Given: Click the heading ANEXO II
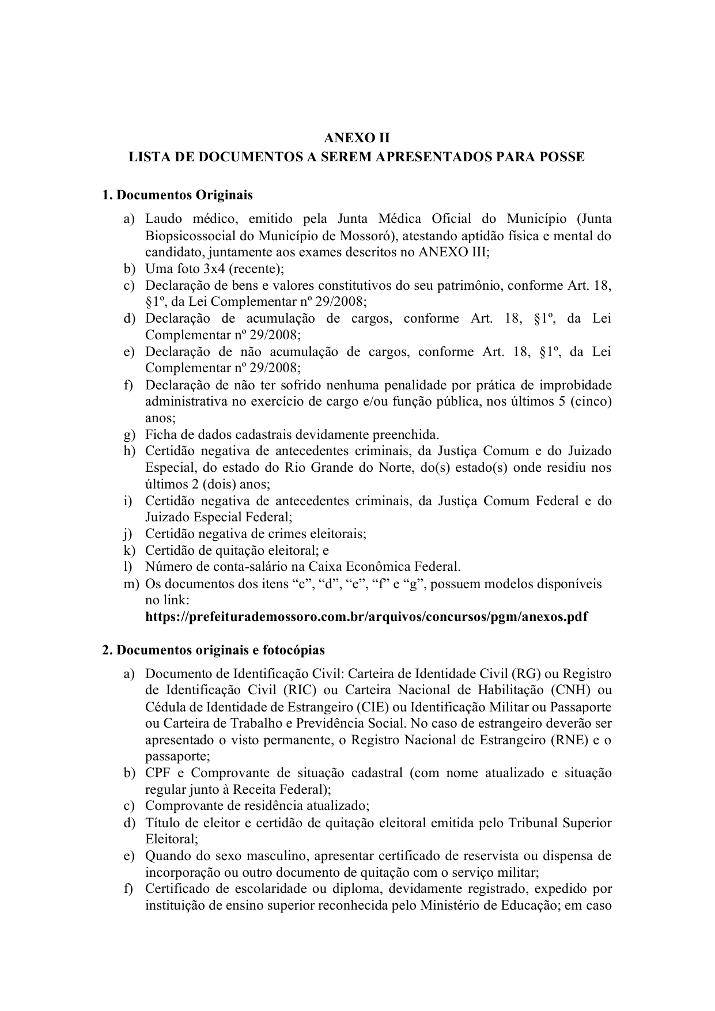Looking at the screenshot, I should point(357,138).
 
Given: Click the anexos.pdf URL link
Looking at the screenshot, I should point(366,617).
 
